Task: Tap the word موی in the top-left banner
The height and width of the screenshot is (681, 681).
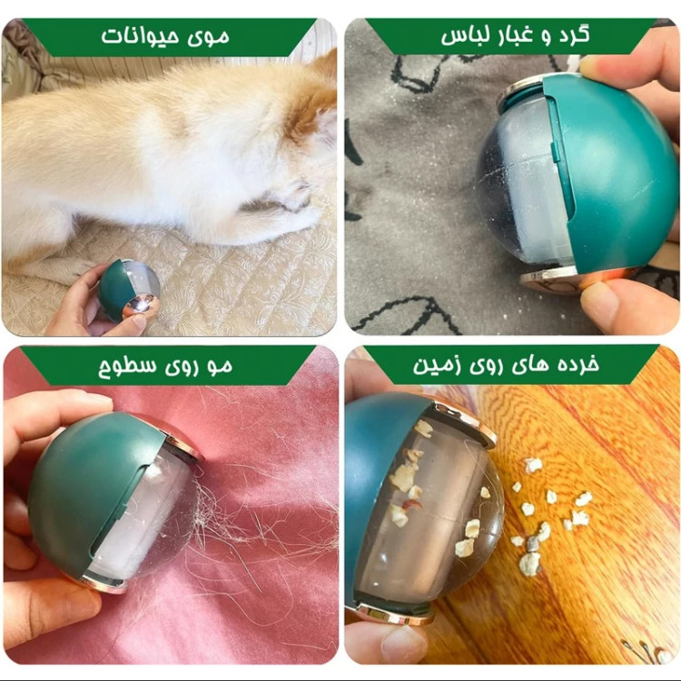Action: pyautogui.click(x=208, y=37)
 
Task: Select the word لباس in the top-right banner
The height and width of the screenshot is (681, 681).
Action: pyautogui.click(x=465, y=37)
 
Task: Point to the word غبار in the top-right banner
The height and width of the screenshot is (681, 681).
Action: pyautogui.click(x=515, y=36)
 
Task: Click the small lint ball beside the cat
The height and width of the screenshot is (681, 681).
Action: pyautogui.click(x=128, y=291)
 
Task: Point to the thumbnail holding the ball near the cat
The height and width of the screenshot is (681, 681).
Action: pyautogui.click(x=139, y=321)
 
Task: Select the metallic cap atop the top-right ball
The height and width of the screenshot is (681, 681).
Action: pyautogui.click(x=519, y=91)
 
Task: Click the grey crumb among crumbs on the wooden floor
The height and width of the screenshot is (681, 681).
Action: pyautogui.click(x=533, y=542)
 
